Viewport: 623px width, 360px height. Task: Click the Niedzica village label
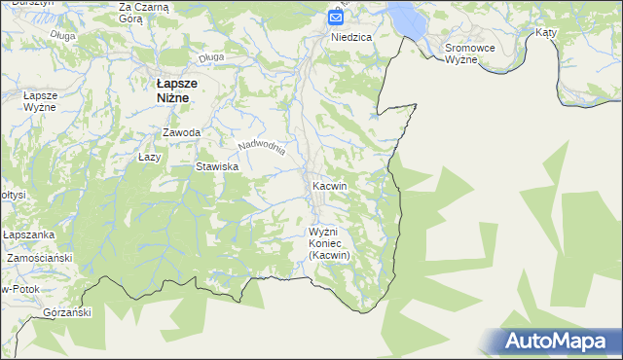(351, 37)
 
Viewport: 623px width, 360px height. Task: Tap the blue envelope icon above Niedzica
(336, 17)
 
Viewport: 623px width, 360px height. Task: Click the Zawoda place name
(182, 132)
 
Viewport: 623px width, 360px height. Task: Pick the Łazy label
(149, 156)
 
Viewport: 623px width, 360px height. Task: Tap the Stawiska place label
(217, 167)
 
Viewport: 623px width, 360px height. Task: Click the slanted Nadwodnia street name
(262, 146)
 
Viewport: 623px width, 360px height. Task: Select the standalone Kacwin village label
(330, 185)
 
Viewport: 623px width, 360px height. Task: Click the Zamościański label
(40, 259)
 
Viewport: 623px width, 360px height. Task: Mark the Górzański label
(67, 313)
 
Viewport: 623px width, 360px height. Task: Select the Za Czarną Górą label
(143, 13)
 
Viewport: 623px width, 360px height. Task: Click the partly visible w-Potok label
(19, 290)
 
